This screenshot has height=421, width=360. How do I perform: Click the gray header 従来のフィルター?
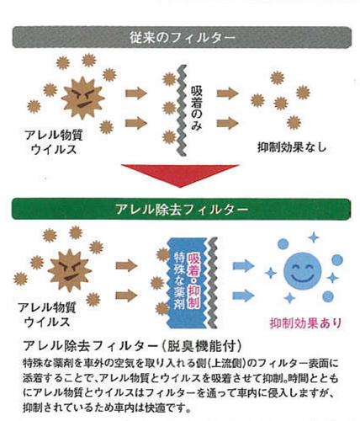pyautogui.click(x=182, y=37)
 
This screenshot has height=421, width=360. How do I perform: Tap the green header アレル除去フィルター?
pyautogui.click(x=181, y=210)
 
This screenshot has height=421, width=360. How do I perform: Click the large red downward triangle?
pyautogui.click(x=180, y=175)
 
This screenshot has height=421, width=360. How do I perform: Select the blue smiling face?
pyautogui.click(x=303, y=271)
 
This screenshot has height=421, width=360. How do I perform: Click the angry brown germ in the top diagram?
pyautogui.click(x=82, y=98)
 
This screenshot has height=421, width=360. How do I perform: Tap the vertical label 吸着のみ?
pyautogui.click(x=196, y=108)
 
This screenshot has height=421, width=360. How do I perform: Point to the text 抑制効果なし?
pyautogui.click(x=292, y=147)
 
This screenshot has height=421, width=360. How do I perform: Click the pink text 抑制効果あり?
pyautogui.click(x=306, y=322)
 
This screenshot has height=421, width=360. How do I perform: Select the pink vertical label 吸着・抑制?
pyautogui.click(x=193, y=280)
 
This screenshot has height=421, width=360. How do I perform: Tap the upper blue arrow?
pyautogui.click(x=243, y=265)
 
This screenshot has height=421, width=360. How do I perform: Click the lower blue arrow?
pyautogui.click(x=243, y=295)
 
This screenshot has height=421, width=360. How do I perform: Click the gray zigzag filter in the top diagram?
pyautogui.click(x=183, y=110)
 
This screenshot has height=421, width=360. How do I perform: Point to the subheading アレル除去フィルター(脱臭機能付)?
pyautogui.click(x=132, y=346)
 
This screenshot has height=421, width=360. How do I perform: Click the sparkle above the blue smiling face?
pyautogui.click(x=314, y=237)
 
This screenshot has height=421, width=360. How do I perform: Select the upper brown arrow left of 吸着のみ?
pyautogui.click(x=136, y=93)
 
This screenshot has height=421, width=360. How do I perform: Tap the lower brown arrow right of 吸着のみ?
pyautogui.click(x=227, y=123)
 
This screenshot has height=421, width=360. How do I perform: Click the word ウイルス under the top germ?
pyautogui.click(x=54, y=149)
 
